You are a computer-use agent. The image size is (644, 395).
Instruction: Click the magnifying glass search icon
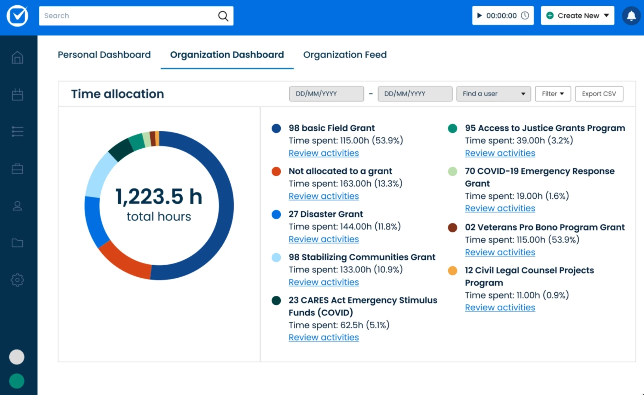point(223,16)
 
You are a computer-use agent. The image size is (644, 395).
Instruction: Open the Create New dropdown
point(577,16)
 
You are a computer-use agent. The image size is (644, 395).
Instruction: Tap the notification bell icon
point(631,16)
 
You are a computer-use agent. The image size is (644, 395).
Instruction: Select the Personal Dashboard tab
point(104,55)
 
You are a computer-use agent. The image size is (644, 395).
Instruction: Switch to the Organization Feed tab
point(345,55)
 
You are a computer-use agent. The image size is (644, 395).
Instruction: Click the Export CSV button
point(599,94)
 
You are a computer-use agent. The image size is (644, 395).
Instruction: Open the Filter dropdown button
point(553,94)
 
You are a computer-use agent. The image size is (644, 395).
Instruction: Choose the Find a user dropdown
point(493,94)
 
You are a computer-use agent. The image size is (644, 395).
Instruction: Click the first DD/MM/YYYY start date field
point(326,94)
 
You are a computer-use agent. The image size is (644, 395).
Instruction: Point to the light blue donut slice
point(98,175)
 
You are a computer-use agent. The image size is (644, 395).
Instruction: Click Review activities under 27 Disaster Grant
point(323,239)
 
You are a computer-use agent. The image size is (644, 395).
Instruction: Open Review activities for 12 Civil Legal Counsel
point(500,308)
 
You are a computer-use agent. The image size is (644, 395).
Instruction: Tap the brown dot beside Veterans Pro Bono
point(452,227)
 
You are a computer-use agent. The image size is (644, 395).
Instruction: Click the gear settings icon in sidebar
point(17,280)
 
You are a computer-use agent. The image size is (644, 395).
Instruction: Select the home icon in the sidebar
point(17,58)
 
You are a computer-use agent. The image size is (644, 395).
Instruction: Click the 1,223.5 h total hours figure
point(159,197)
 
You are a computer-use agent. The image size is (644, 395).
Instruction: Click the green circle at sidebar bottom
point(17,381)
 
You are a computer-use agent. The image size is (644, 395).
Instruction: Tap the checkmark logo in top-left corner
point(18,16)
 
